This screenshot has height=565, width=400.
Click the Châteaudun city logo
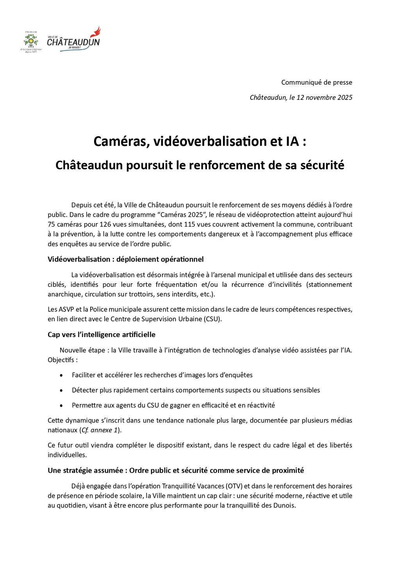click(x=73, y=39)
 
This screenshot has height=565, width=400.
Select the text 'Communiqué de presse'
click(x=316, y=82)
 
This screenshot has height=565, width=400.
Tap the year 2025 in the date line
click(x=343, y=98)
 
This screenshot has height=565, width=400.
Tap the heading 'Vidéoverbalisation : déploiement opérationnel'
click(x=125, y=259)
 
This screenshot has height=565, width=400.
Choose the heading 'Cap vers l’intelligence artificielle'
click(x=102, y=335)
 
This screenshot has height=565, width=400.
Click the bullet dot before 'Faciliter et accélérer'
click(x=61, y=375)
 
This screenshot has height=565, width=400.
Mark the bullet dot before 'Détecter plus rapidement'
click(x=61, y=391)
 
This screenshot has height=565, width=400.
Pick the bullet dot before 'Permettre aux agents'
click(x=61, y=406)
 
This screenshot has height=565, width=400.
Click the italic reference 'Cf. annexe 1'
click(x=99, y=430)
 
